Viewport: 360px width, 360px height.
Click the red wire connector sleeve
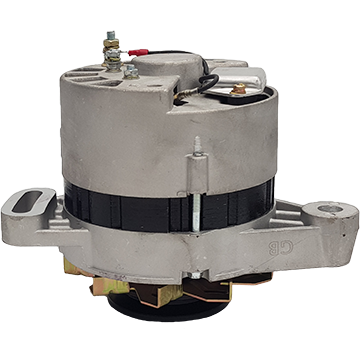138,52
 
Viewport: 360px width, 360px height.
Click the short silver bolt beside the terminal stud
131,72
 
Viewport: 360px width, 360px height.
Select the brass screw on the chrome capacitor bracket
239,89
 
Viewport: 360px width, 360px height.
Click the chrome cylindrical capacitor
237,79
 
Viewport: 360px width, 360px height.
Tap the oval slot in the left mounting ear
28,201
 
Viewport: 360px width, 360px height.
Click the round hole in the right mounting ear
330,209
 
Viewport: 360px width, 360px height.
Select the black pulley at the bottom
168,308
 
